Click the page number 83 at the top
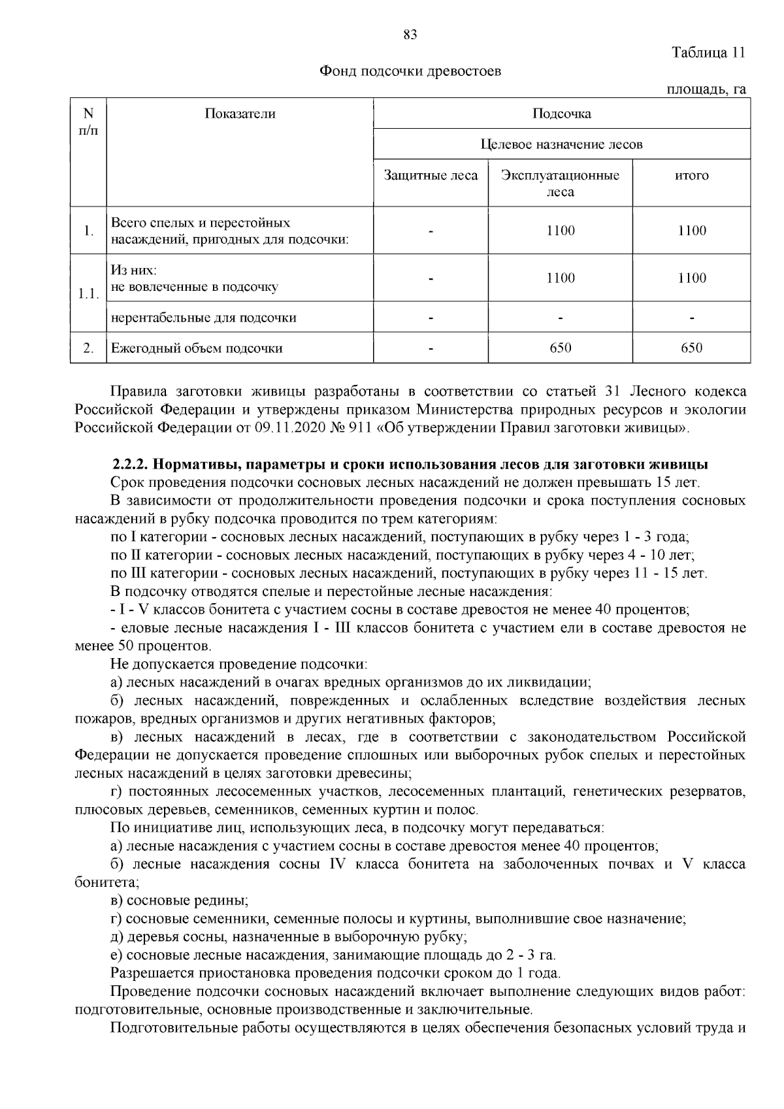[410, 35]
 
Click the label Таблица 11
[708, 53]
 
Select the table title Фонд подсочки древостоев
[410, 71]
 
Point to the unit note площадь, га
[706, 90]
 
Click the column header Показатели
[240, 114]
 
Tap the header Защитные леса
[431, 176]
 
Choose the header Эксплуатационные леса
[560, 184]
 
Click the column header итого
[691, 176]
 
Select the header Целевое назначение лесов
[561, 144]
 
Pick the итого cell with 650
[691, 348]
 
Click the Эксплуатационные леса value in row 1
[560, 231]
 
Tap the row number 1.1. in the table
[88, 293]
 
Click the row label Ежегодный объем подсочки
[197, 348]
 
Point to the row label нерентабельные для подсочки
[203, 318]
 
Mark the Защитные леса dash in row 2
[431, 348]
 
